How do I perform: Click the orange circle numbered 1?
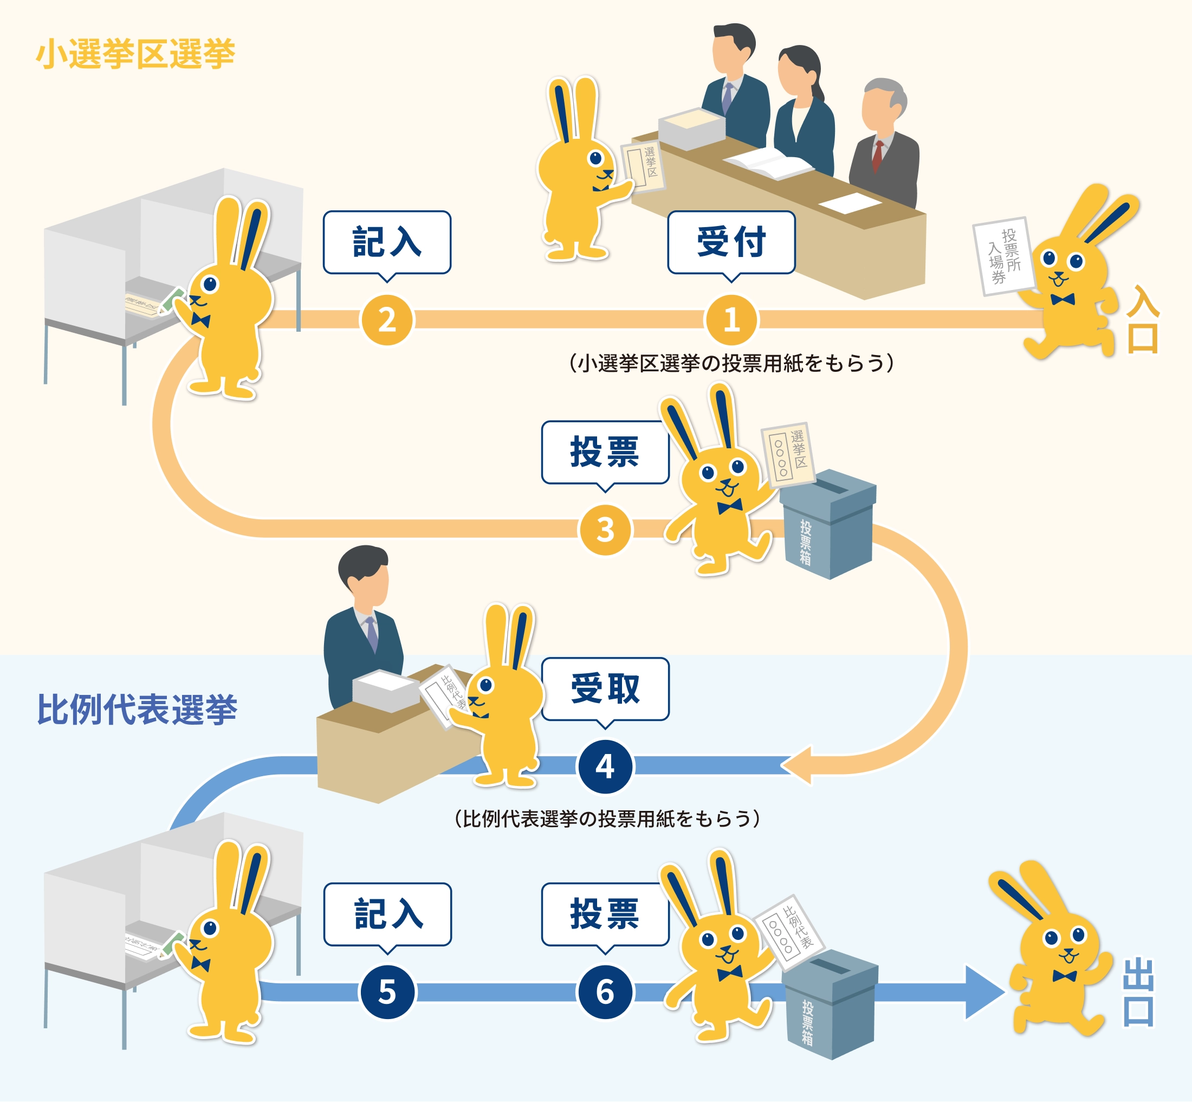click(x=731, y=320)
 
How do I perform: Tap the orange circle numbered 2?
click(x=387, y=320)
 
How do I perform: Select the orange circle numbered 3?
click(x=605, y=530)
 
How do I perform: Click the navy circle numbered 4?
click(x=605, y=766)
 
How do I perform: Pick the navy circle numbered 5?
click(x=387, y=991)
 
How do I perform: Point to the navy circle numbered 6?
click(x=605, y=991)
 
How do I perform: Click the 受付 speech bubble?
click(x=731, y=242)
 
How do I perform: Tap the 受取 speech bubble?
click(x=605, y=689)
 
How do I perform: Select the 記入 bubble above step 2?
click(x=387, y=242)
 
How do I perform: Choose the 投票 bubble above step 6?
click(x=605, y=913)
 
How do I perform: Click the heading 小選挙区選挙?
click(x=136, y=54)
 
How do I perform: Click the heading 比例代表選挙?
click(x=137, y=710)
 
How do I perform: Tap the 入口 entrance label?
click(x=1142, y=320)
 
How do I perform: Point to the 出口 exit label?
click(x=1138, y=993)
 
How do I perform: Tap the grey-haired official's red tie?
click(x=877, y=156)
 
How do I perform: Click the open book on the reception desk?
click(x=769, y=163)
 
